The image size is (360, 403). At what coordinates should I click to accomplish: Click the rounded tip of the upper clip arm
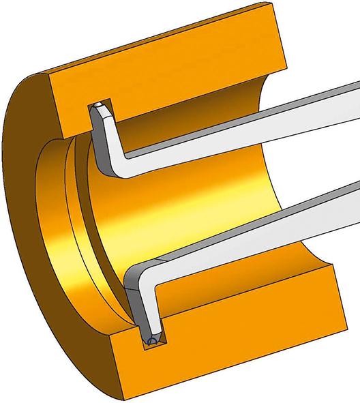100,107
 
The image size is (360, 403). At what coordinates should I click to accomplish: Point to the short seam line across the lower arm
158,262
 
